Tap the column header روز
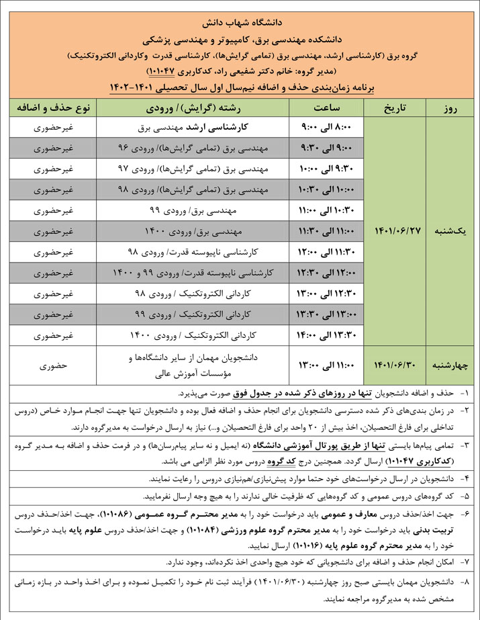coord(452,107)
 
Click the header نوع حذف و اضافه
coord(53,107)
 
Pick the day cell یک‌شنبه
coord(452,230)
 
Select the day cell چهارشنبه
coord(452,365)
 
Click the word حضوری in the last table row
coord(53,365)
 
